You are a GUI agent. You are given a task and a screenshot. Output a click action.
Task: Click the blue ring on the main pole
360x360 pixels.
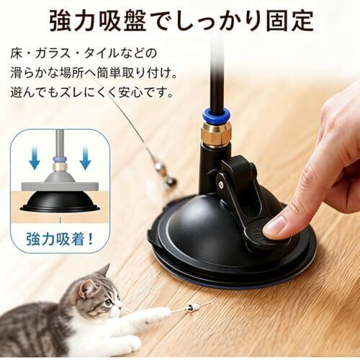(216, 114)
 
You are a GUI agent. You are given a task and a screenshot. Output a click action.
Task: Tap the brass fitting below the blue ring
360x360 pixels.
(216, 132)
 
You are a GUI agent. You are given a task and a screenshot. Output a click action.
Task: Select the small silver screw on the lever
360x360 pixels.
(221, 184)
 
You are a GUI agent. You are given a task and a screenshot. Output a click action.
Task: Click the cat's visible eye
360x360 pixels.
(109, 302)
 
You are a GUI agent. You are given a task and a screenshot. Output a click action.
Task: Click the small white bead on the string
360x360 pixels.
(194, 307)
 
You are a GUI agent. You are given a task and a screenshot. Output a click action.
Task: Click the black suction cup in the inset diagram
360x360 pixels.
(60, 202)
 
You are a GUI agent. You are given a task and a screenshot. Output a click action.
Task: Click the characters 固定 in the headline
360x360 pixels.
(289, 20)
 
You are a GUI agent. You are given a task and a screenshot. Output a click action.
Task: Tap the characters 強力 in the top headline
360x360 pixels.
(73, 20)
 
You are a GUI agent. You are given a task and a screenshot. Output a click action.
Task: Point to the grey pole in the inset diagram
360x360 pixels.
(60, 143)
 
